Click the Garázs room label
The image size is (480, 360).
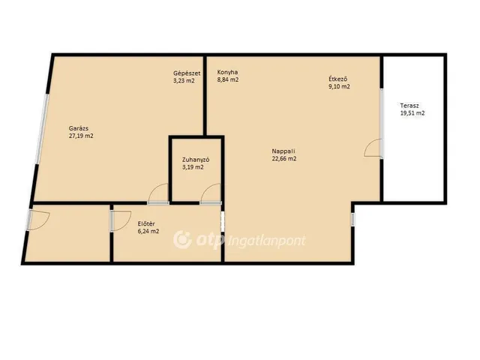point(79,128)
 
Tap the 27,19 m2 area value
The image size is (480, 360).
point(81,136)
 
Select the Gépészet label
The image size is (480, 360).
point(187,73)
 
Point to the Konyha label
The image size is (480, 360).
point(227,72)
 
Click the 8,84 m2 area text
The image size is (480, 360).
point(228,79)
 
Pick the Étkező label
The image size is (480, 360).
point(338,79)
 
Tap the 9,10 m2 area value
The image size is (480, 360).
point(339,86)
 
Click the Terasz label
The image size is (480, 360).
point(409,106)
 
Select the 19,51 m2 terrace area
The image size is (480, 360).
point(412,113)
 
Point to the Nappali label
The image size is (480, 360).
point(283,151)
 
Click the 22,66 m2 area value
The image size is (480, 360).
point(284,158)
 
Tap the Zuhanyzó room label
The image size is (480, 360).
point(196,160)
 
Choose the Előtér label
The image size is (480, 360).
point(146,223)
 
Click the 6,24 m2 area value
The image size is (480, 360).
point(148,232)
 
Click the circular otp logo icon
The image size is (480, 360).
point(182,239)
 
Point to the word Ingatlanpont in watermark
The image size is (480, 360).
point(267,241)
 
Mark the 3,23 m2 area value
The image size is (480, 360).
point(184,81)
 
